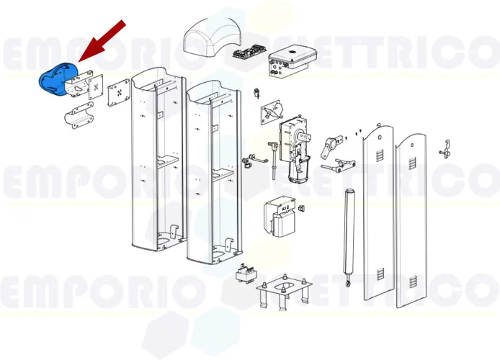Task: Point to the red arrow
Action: point(101,42)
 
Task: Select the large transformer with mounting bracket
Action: point(281,217)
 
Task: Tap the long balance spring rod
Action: point(351,230)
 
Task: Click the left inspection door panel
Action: point(379,216)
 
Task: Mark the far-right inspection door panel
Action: point(414,223)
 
